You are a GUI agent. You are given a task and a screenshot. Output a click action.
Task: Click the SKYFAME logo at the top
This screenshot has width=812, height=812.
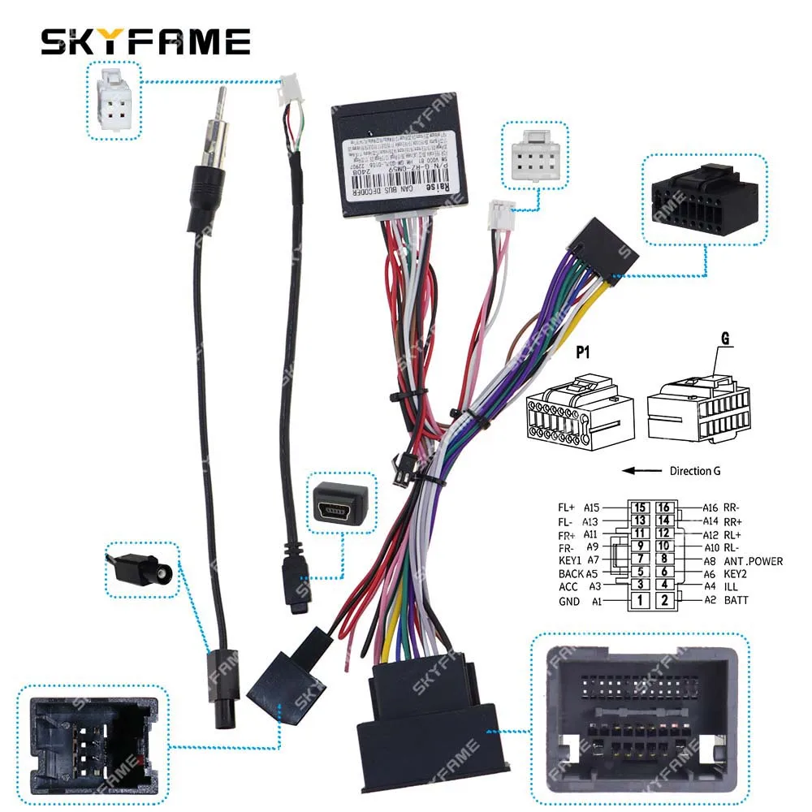(x=145, y=41)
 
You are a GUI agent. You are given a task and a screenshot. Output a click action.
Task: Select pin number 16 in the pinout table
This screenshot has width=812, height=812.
(x=664, y=508)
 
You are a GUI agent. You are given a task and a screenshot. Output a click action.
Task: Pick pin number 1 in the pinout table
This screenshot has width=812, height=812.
(x=641, y=601)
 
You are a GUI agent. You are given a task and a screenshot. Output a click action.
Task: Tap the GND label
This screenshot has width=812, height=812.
(x=569, y=602)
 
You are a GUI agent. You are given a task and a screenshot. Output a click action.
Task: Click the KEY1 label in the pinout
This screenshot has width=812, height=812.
(x=570, y=560)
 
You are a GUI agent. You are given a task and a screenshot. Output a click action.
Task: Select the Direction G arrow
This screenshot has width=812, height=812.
(x=641, y=470)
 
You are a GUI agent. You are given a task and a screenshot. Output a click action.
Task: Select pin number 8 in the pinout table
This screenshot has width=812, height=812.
(x=664, y=559)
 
